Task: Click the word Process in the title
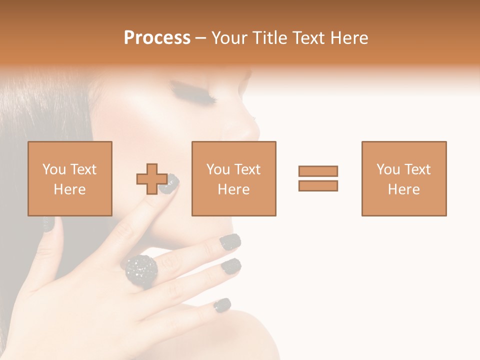157,38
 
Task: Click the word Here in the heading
349,38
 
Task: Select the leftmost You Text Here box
70,178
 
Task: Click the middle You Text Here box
234,178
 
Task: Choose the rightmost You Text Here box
404,178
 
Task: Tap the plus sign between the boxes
152,178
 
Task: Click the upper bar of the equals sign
318,171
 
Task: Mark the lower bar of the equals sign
318,185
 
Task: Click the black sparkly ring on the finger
141,270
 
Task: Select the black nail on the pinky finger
222,304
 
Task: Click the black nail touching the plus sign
170,183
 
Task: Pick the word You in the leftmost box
53,169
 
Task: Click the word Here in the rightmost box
404,189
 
